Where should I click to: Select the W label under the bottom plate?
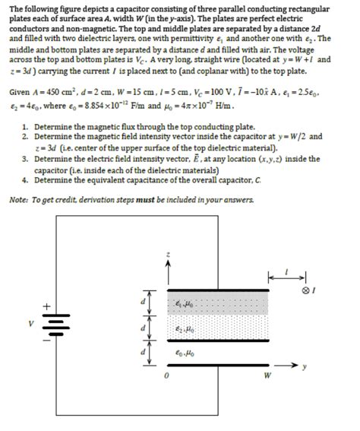pyautogui.click(x=267, y=375)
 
